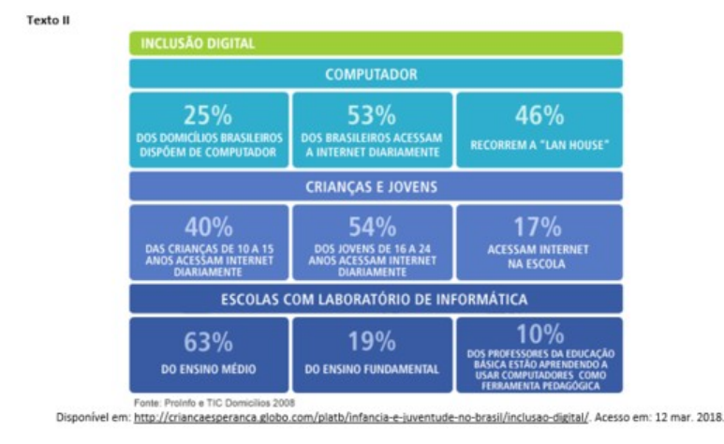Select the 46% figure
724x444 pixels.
point(539,115)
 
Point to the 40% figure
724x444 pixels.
point(208,228)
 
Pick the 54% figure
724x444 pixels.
point(372,228)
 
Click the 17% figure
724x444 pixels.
point(539,228)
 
